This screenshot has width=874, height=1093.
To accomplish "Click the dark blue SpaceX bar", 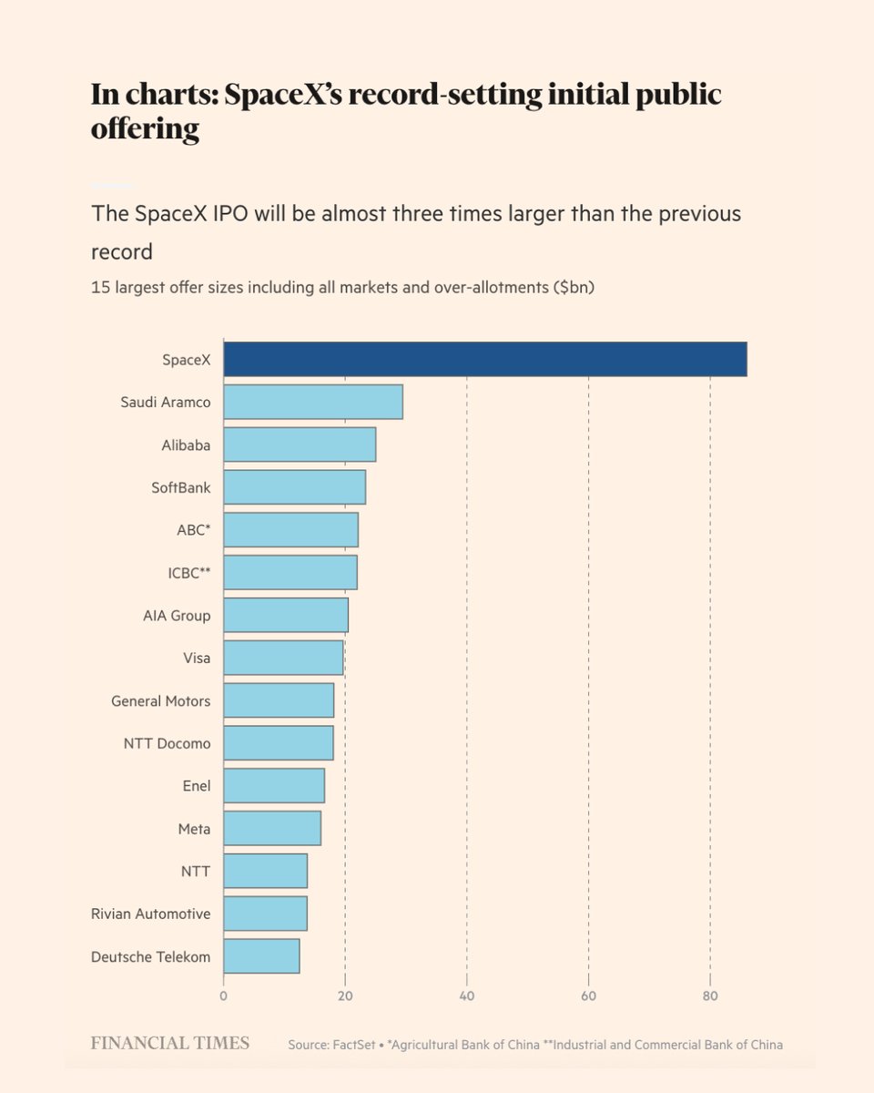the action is (485, 359).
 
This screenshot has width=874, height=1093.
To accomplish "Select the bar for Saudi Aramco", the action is (313, 402).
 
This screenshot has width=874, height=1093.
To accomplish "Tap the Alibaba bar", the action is (300, 444).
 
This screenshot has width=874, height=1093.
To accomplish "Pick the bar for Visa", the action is (283, 658).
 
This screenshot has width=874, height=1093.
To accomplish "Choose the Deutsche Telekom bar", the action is (261, 956).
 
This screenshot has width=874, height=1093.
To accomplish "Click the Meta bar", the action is (272, 828).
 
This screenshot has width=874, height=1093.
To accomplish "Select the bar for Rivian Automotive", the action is (265, 914).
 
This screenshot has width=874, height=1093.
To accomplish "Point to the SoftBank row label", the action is (181, 487).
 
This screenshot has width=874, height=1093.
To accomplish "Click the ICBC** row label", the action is (189, 573).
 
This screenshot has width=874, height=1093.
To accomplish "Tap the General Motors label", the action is (160, 701).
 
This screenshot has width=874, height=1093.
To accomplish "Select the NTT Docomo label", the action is (168, 743).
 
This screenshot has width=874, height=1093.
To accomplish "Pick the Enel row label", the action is (197, 786).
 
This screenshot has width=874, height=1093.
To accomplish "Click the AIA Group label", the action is (177, 616).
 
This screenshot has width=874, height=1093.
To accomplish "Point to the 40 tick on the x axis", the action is (467, 996).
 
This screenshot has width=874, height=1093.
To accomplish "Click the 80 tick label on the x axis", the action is (710, 996).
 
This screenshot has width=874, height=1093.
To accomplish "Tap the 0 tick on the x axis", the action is (223, 996).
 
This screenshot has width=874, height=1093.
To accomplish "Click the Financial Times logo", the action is (170, 1043).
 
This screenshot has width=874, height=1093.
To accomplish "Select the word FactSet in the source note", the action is (353, 1045).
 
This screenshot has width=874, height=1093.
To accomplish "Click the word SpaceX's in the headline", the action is (283, 95).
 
